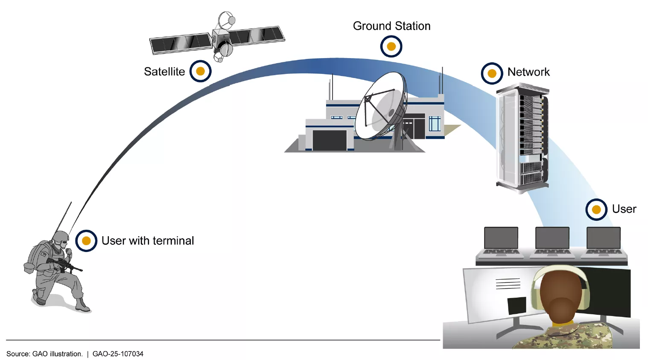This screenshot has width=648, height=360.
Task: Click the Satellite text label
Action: pos(164,71)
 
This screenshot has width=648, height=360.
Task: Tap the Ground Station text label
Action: pos(391,26)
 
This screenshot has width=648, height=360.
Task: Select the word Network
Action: pos(528,72)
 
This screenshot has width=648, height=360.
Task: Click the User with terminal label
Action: pos(148,241)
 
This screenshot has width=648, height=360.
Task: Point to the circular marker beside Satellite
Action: pos(200,71)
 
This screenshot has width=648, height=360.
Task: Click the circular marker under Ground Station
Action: pos(391,47)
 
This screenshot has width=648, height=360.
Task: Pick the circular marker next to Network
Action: pos(492,73)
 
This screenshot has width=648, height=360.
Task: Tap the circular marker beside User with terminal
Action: pos(86,241)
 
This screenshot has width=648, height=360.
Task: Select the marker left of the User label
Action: pos(596,210)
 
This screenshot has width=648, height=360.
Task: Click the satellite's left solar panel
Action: pos(181,43)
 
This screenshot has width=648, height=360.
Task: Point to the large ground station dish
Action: pos(380,107)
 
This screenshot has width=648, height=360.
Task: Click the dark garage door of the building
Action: pos(330,140)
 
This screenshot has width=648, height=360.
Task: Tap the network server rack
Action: pos(523,137)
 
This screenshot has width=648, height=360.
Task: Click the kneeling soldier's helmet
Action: pos(61,237)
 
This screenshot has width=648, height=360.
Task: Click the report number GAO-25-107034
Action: pos(118,354)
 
